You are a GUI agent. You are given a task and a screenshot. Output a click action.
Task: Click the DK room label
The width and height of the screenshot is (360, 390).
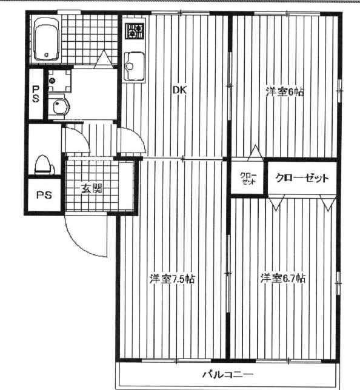(x=180, y=90)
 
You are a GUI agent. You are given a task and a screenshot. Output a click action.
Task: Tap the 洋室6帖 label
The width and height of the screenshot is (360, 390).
(x=285, y=92)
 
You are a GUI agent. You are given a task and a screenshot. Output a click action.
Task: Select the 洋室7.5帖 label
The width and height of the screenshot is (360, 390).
(x=172, y=279)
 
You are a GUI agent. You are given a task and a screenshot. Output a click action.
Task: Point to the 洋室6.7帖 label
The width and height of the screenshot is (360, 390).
(x=283, y=278)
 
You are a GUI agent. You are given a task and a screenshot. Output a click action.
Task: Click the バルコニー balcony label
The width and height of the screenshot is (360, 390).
(x=228, y=374)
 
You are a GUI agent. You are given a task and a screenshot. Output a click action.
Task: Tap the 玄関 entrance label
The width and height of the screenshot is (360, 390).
(x=92, y=189)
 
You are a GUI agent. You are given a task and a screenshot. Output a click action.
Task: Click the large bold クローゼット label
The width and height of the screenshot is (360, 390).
(x=302, y=178)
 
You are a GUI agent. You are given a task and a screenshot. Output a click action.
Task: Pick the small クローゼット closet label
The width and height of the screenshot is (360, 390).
(x=248, y=178)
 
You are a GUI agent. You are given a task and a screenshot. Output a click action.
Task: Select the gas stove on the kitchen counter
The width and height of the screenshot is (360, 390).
(x=135, y=31)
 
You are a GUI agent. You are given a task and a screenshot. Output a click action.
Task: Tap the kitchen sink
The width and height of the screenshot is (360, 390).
(x=134, y=66)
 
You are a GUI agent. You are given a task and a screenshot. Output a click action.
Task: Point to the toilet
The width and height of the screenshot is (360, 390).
(x=44, y=165)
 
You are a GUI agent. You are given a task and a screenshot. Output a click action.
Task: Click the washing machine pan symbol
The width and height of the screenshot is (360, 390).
(x=59, y=81)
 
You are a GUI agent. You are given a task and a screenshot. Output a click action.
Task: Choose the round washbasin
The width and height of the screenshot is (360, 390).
(x=59, y=106)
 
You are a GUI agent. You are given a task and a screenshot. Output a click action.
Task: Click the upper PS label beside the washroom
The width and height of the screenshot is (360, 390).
(x=36, y=94)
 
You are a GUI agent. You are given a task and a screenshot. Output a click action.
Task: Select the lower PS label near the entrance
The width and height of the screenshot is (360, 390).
(x=44, y=194)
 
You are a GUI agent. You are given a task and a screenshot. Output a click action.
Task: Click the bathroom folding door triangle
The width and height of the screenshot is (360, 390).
(x=104, y=59)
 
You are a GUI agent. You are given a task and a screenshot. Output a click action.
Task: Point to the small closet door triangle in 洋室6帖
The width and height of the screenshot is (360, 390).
(x=255, y=153)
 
